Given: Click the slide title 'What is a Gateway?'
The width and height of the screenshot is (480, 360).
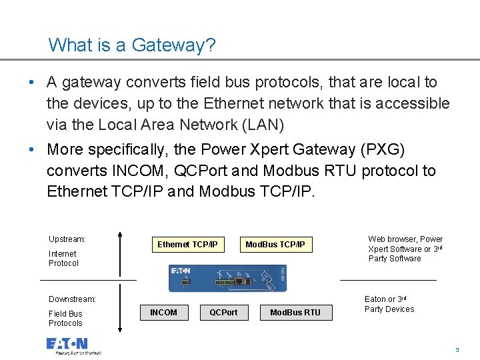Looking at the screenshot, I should coord(132,45).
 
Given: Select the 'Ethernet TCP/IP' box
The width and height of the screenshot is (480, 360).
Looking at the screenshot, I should coord(187,245).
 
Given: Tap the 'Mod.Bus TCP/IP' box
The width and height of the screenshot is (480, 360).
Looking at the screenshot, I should coord(275,245).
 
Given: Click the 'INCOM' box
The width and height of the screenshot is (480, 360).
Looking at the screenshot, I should coord(163,312).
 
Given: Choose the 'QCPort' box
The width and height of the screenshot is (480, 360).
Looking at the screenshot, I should coord(223,312).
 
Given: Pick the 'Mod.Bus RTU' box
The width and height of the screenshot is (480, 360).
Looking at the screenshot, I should coord(295,312).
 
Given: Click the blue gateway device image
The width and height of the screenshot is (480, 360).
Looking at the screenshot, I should coord(227,277).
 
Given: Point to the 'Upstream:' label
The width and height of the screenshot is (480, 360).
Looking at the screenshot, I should coord(67,239).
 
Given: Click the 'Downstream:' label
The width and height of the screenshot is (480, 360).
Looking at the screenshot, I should coord(72,299).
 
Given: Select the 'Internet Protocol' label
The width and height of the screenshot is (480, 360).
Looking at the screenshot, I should coord(63,259).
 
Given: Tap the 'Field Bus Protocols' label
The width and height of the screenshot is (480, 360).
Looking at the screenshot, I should coord(65,319).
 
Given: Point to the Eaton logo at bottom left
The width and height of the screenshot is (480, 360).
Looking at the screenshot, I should coord(67,344).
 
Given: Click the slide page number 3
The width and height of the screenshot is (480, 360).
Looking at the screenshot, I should coord(457,350).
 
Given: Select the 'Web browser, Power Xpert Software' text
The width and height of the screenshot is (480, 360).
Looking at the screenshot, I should coord(405,249).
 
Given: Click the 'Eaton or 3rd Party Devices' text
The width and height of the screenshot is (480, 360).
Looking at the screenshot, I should coord(389,304).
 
